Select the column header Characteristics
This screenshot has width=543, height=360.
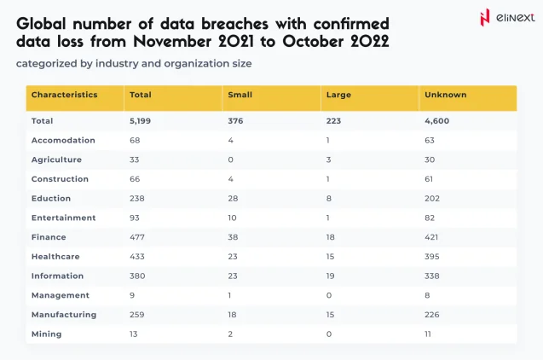coord(65,95)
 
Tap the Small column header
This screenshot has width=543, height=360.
coord(240,95)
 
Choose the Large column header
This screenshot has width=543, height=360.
coord(338,95)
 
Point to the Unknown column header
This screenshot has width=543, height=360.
coord(445,95)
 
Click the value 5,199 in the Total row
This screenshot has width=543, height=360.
coord(141,121)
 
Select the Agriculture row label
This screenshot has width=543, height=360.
coord(56,160)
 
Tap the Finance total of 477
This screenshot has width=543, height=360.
coord(136,237)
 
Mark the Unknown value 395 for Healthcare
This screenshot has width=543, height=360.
coord(434,257)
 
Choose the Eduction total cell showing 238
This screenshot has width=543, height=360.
coord(136,198)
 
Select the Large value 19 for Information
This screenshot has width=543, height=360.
coord(331,276)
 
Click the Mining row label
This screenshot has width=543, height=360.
coord(46,334)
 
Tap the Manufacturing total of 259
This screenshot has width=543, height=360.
coord(136,315)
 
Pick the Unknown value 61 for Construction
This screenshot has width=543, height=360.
coord(429,179)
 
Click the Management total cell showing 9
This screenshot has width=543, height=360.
coord(131,295)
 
